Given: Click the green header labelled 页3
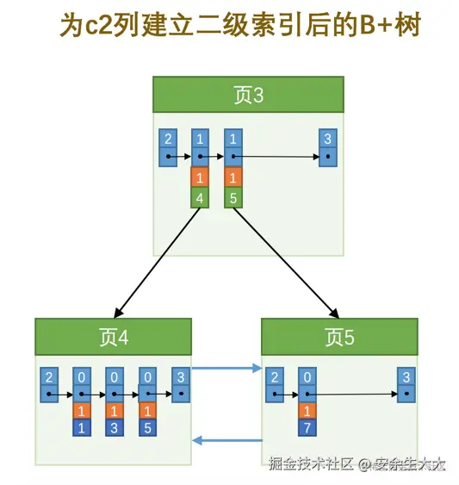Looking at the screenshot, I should [248, 95].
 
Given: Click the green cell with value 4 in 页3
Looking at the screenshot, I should [200, 198].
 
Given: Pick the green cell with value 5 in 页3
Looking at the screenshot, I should [233, 198].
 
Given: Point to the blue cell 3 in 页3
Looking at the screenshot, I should [326, 139].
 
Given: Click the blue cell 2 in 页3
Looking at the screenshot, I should [168, 139].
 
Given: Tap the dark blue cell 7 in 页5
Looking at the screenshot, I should [307, 428].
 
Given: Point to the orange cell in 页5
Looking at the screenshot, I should [307, 412].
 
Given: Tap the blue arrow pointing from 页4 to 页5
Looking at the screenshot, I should [226, 369].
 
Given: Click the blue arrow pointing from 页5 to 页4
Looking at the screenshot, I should [226, 441].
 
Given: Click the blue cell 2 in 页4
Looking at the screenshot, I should [49, 377].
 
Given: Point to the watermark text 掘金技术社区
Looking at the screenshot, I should [311, 464].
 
